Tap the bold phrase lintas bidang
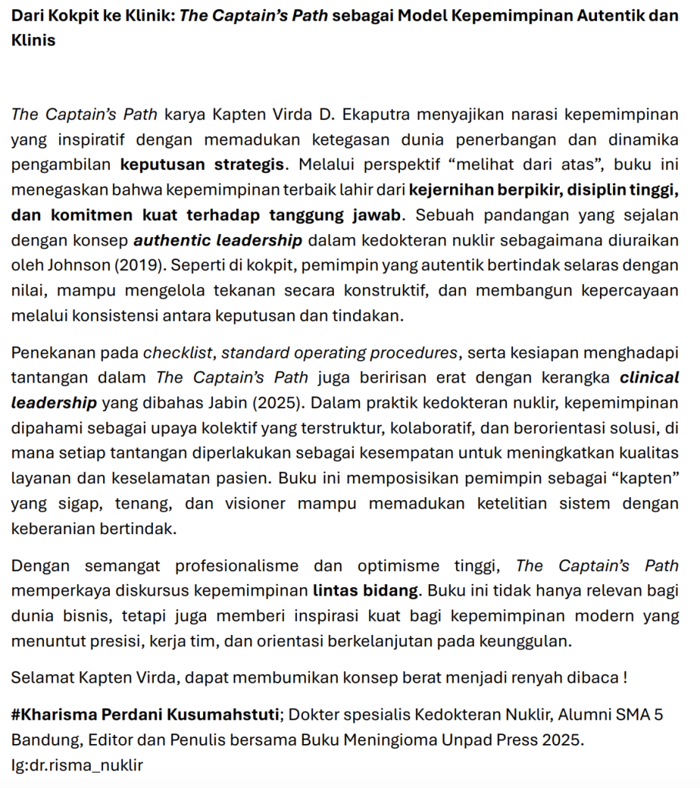[366, 591]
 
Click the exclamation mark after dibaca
[625, 678]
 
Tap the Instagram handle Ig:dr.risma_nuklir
[77, 765]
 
